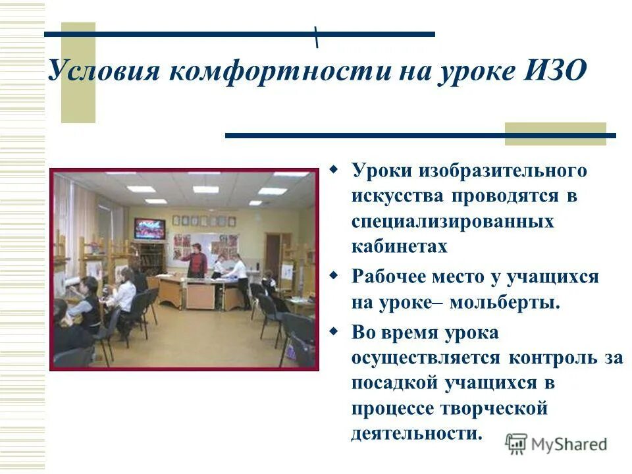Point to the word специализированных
tap(452, 222)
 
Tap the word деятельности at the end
tap(416, 433)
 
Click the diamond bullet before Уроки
tap(334, 171)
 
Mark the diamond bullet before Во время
tap(334, 332)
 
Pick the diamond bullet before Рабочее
tap(334, 276)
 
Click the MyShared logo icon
tap(517, 444)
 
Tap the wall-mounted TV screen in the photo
tap(149, 228)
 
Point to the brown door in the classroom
tap(273, 253)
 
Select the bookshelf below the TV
tap(148, 257)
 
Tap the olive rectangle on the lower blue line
tap(555, 133)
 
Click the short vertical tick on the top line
tap(317, 37)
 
